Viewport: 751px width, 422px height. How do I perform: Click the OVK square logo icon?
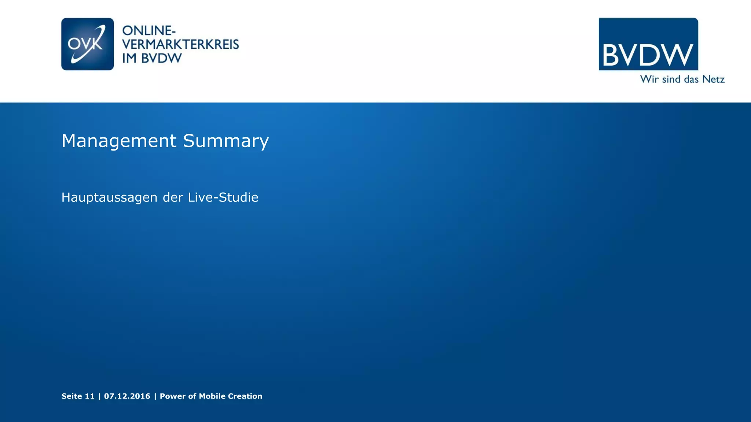[x=87, y=44]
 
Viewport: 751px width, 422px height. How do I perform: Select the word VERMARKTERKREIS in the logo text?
[x=180, y=44]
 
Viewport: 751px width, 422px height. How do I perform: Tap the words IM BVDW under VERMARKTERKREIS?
[x=152, y=58]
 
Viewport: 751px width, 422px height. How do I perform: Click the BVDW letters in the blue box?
[x=648, y=55]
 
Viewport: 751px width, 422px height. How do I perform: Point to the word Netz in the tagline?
[x=713, y=79]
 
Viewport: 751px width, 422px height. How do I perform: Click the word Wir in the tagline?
[x=649, y=79]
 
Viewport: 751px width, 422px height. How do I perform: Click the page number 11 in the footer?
[x=90, y=396]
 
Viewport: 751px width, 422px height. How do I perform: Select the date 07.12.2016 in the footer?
[x=127, y=396]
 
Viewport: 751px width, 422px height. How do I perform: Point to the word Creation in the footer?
[x=245, y=396]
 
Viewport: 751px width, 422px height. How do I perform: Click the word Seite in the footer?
[x=72, y=396]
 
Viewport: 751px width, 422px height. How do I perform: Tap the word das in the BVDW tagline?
[x=691, y=79]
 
